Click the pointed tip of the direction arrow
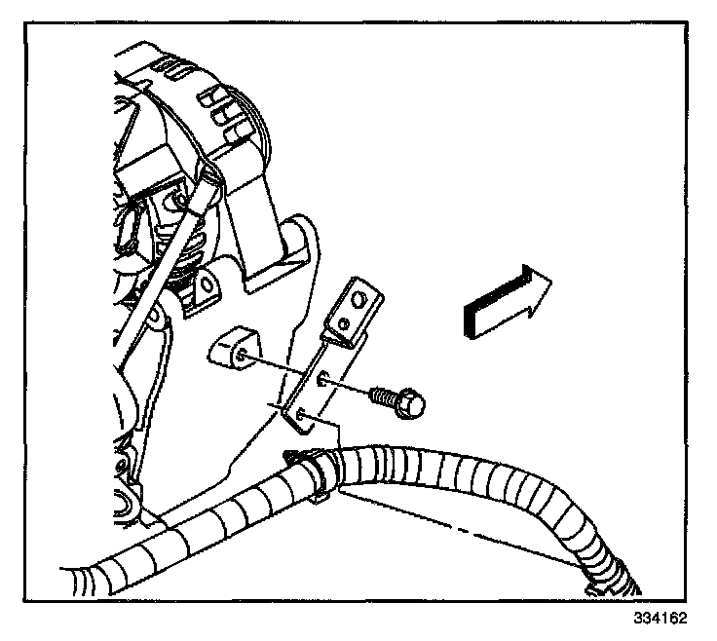pyautogui.click(x=549, y=282)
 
